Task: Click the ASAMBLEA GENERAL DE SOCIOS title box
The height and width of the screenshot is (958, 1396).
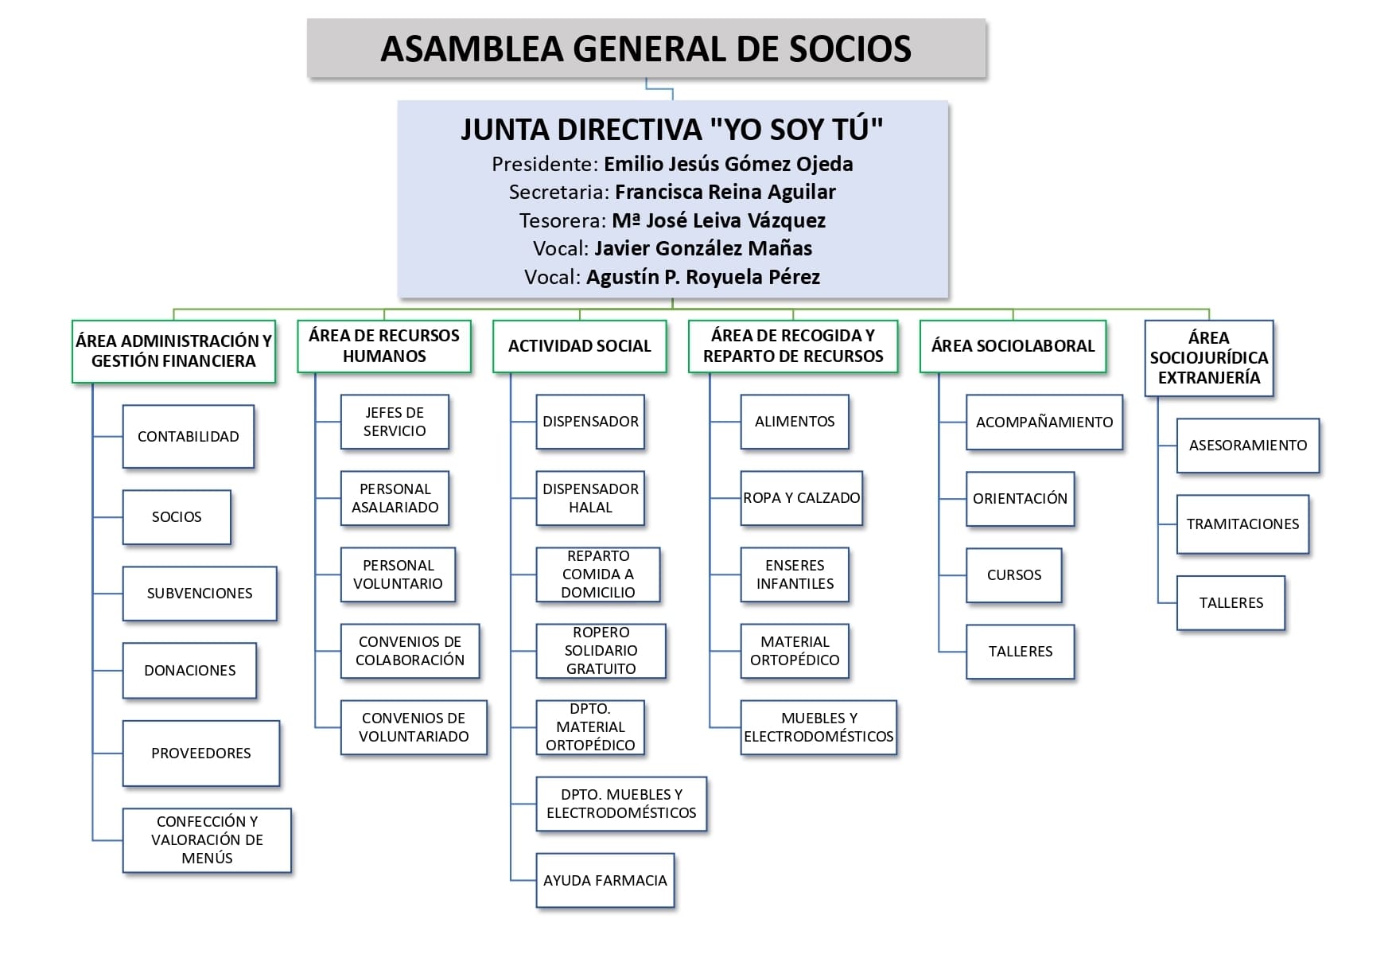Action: click(x=646, y=49)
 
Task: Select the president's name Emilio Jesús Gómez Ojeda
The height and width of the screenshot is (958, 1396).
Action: click(x=728, y=164)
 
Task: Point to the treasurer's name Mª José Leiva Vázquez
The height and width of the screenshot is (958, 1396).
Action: click(x=718, y=220)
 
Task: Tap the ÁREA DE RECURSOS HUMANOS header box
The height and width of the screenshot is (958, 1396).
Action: click(x=384, y=346)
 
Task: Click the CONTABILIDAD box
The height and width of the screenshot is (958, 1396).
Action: click(x=188, y=437)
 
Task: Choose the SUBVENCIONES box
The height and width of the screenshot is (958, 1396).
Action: click(x=200, y=594)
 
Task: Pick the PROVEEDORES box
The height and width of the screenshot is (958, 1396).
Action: click(x=201, y=754)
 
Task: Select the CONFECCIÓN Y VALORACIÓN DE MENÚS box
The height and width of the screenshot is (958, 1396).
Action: click(x=207, y=840)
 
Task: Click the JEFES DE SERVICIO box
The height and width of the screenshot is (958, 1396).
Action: click(x=395, y=422)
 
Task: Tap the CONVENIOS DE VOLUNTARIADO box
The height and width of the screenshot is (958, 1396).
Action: click(x=414, y=727)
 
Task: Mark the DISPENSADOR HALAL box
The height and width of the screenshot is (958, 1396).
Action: click(x=590, y=498)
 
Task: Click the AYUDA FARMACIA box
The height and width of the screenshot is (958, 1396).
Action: click(x=605, y=881)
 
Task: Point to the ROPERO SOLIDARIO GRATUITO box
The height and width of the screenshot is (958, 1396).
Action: click(x=601, y=651)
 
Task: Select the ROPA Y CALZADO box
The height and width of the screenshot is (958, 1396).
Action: click(x=801, y=498)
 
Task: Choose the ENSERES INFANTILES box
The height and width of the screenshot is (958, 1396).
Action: click(x=795, y=574)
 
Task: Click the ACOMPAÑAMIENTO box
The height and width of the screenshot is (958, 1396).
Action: click(x=1044, y=423)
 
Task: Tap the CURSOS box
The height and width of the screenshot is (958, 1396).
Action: click(x=1014, y=575)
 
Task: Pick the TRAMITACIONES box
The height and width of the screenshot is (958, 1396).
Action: click(x=1242, y=524)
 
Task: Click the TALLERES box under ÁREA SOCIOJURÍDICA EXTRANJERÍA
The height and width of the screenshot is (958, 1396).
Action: click(x=1231, y=603)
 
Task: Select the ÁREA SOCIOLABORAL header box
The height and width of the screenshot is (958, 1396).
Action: click(x=1013, y=346)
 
